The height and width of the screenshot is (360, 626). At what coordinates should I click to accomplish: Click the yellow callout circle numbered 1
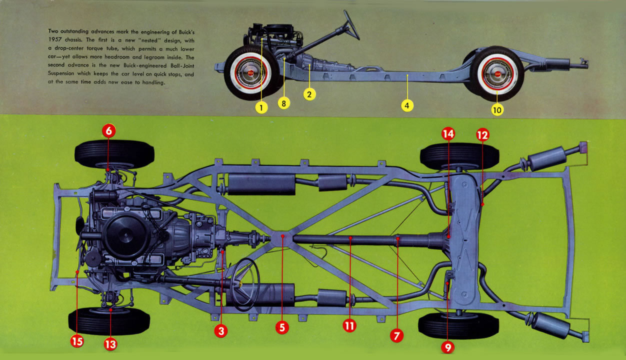260,106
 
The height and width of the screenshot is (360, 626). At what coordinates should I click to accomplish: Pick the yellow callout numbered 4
407,105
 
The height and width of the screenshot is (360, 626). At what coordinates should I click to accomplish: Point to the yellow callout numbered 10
497,109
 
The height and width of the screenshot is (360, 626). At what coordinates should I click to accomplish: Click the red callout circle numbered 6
109,131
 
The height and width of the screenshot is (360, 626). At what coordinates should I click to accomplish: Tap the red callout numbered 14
448,133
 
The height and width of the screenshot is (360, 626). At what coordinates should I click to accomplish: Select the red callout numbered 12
482,134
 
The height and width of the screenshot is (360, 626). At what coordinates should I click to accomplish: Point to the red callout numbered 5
282,327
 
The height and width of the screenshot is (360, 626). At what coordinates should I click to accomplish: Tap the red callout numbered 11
349,325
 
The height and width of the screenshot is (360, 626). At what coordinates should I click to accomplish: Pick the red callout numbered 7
397,335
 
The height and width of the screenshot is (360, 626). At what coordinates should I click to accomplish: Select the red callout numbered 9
447,346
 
